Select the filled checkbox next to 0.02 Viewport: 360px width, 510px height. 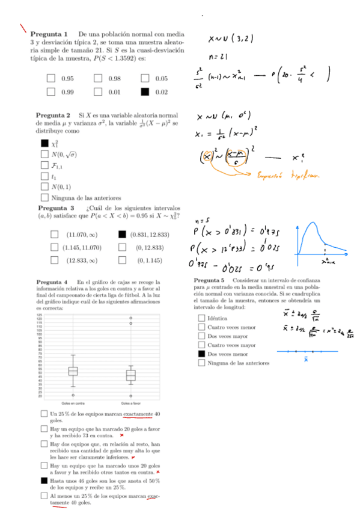click(x=144, y=92)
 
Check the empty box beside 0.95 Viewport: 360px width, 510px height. click(x=51, y=79)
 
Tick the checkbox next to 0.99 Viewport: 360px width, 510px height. click(x=51, y=92)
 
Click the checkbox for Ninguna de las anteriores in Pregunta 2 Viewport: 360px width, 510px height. click(x=44, y=197)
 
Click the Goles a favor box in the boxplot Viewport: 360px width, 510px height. click(x=130, y=375)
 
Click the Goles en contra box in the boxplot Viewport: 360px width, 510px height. click(x=73, y=371)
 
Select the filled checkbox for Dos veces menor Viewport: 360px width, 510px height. click(x=201, y=354)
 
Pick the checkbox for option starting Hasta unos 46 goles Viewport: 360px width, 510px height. click(x=44, y=481)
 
